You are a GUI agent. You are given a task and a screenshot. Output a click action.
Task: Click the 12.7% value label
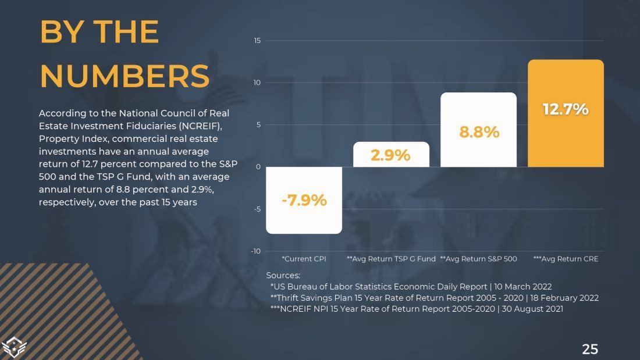tap(566, 109)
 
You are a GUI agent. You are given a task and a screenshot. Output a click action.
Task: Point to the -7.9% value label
tap(304, 201)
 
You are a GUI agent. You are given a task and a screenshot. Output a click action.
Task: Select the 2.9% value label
tap(391, 156)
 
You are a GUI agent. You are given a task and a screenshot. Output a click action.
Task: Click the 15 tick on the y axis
tap(257, 40)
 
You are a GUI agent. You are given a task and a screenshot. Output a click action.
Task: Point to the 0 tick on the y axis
tap(258, 167)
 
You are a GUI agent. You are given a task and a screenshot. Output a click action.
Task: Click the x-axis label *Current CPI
tap(304, 259)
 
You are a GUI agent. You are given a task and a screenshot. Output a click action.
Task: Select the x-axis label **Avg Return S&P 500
tap(478, 259)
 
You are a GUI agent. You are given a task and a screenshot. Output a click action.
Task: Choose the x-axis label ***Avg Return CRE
tap(566, 259)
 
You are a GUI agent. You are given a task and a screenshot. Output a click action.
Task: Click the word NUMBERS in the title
tap(125, 76)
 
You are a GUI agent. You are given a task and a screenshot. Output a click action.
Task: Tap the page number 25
tap(590, 349)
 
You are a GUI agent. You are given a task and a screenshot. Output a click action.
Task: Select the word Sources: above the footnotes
tap(283, 275)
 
